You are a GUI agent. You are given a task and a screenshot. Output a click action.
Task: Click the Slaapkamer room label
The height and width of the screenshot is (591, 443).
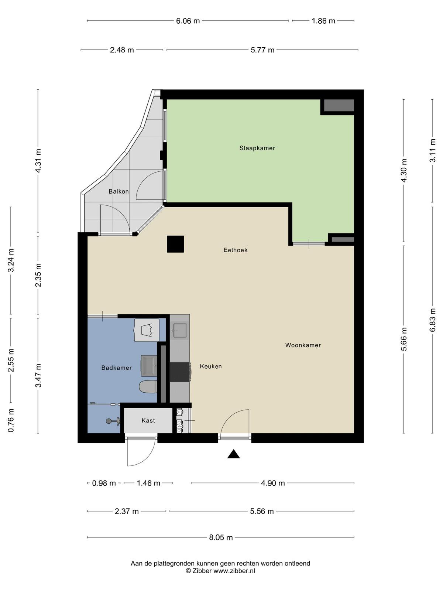click(257, 148)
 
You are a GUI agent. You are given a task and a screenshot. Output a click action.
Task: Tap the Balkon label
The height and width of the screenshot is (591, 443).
click(119, 191)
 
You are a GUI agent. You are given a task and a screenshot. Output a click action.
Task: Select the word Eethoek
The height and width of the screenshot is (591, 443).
click(236, 250)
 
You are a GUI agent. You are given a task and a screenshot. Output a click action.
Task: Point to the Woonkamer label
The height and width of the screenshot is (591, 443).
click(303, 345)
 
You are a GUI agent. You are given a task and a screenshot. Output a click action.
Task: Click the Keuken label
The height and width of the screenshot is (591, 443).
click(210, 366)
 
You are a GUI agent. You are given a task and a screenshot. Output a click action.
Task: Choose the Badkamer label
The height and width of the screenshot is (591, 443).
click(116, 368)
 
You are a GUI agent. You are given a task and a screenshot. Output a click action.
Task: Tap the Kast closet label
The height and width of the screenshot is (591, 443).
click(148, 421)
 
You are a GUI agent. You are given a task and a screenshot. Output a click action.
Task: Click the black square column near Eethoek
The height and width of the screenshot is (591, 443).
click(175, 244)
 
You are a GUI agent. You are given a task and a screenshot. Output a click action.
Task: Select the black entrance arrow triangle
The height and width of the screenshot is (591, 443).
click(233, 454)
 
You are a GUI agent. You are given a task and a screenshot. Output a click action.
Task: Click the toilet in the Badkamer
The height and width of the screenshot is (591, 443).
click(148, 387)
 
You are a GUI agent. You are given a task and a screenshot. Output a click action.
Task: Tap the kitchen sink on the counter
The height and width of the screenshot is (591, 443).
click(180, 330)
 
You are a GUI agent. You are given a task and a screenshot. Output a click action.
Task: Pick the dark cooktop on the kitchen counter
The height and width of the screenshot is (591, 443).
click(180, 372)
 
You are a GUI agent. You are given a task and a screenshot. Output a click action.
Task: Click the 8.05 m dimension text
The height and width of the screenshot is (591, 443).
click(221, 537)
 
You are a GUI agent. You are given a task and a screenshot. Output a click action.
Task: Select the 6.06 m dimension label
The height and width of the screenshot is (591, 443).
click(188, 21)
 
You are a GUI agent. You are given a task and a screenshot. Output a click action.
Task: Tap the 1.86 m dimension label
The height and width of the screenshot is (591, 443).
click(323, 21)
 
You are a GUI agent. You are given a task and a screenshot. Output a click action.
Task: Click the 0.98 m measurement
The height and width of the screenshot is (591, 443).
click(104, 483)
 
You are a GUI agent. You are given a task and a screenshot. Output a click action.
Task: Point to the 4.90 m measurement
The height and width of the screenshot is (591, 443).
click(273, 483)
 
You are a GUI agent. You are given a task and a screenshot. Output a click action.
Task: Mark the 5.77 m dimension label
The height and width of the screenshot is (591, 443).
click(262, 50)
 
